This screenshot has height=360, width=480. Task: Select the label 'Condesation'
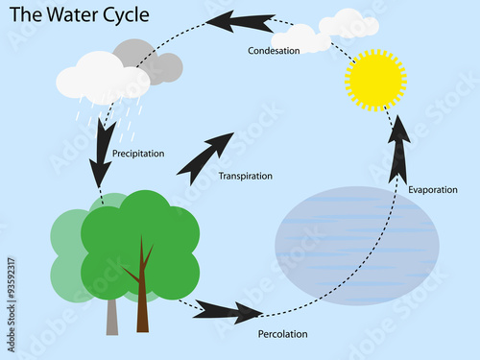pyautogui.click(x=275, y=50)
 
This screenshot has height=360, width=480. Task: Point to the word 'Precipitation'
pyautogui.click(x=138, y=153)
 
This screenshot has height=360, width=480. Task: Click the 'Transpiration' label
pyautogui.click(x=245, y=176)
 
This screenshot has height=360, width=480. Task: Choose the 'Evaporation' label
pyautogui.click(x=432, y=190)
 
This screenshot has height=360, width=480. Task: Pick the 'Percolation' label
pyautogui.click(x=282, y=334)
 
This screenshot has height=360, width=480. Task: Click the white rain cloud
pyautogui.click(x=101, y=78)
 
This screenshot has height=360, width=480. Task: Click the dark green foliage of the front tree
pyautogui.click(x=144, y=240)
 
